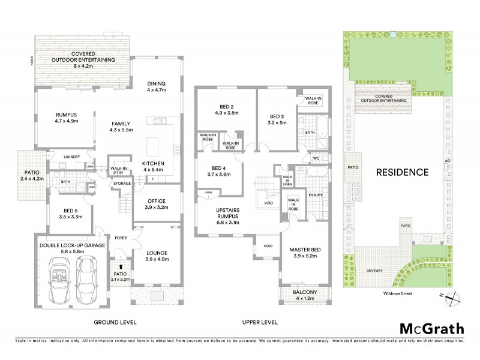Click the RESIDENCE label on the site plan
tap(402, 172)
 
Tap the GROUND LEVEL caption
tap(114, 322)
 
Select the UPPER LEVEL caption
tap(260, 322)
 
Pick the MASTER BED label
tap(303, 251)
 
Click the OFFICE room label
tap(155, 204)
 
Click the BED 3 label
tap(276, 119)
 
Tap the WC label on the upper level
tap(316, 158)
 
